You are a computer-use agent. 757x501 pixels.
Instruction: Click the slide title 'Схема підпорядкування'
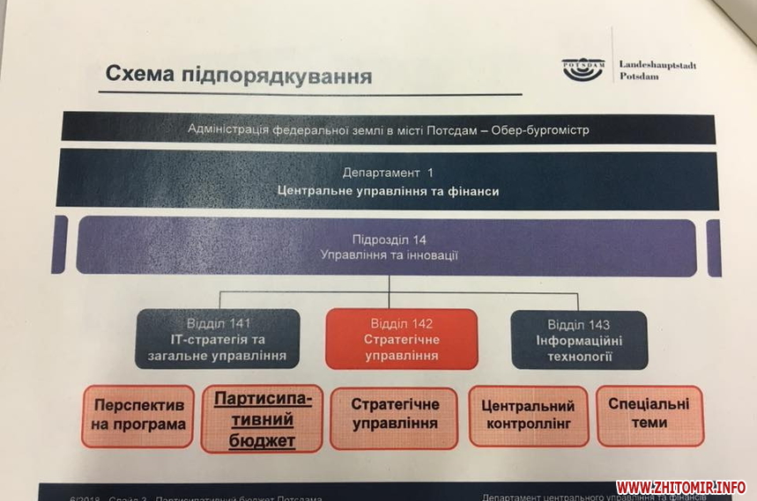click(x=238, y=75)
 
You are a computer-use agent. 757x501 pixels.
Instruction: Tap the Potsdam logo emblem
click(x=583, y=70)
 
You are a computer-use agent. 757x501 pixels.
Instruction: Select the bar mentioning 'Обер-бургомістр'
click(x=388, y=129)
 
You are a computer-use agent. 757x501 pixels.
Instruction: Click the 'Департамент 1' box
click(x=388, y=181)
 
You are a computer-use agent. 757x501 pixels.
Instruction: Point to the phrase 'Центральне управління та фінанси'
click(x=388, y=190)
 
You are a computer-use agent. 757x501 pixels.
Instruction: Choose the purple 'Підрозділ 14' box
click(x=388, y=247)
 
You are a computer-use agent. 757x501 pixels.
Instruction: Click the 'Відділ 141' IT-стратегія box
click(x=218, y=339)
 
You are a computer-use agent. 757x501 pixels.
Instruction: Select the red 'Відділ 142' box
click(x=401, y=339)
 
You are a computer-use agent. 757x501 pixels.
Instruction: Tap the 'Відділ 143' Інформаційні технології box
click(x=579, y=339)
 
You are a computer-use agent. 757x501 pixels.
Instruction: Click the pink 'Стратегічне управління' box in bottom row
click(x=394, y=416)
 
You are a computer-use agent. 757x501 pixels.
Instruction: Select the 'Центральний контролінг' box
click(x=528, y=416)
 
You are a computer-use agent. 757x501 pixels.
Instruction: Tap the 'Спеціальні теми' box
click(x=649, y=414)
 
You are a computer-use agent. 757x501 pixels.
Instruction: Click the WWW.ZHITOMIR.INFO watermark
click(x=680, y=487)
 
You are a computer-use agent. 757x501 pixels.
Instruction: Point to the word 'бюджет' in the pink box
click(x=263, y=441)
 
